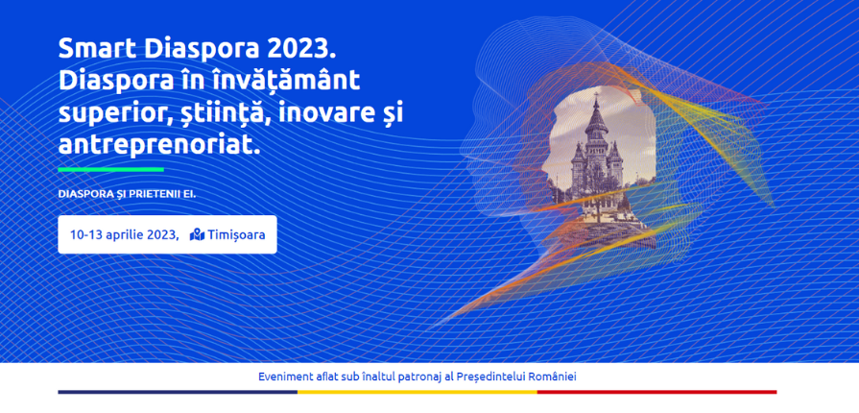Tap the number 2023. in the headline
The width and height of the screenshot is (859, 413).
[300, 49]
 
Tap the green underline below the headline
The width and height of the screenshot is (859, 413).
[110, 169]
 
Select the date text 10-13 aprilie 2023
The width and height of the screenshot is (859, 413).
[124, 234]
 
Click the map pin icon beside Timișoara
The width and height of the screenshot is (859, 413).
[197, 234]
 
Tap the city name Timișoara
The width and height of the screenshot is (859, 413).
[237, 234]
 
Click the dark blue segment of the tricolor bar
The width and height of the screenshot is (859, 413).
[179, 392]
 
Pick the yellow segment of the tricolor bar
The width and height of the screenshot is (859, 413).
[418, 392]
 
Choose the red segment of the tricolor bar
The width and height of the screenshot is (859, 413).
[656, 392]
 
